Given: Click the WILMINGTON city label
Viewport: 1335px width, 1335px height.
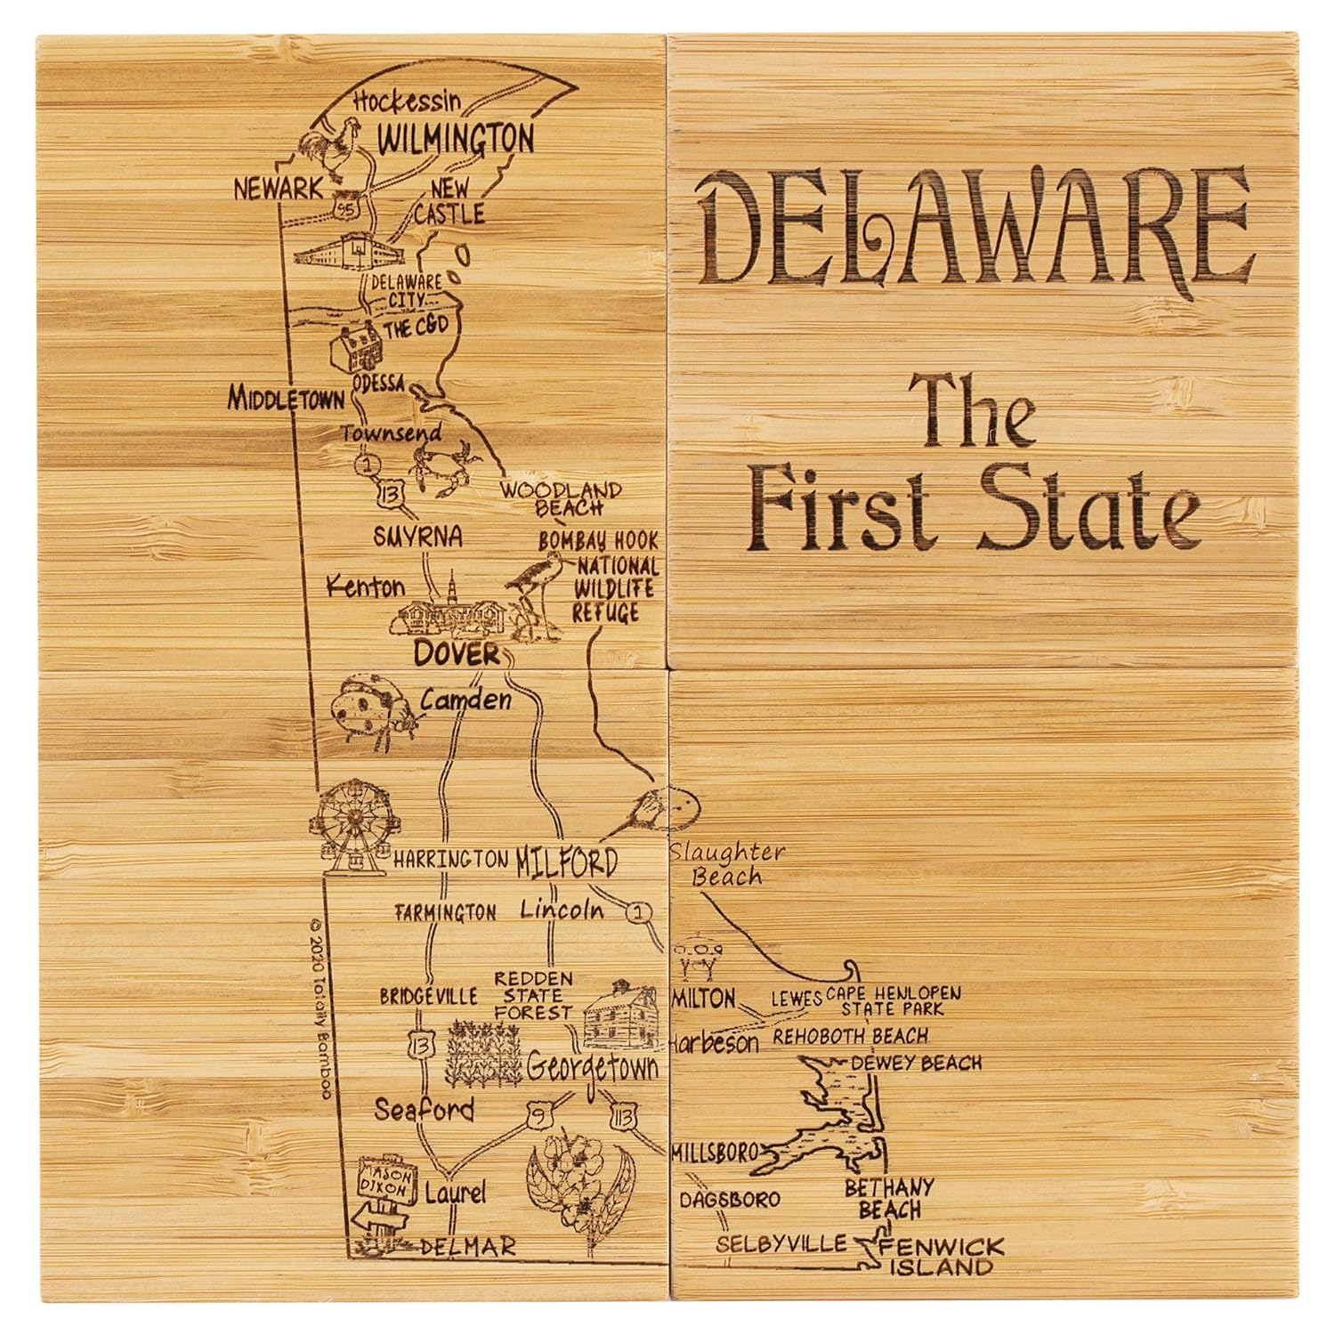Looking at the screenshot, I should click(457, 140).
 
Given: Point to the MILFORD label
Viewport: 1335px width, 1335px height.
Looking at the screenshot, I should click(566, 862).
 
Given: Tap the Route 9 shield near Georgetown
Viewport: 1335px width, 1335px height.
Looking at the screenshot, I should click(537, 1114).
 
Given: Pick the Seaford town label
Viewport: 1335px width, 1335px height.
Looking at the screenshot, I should click(424, 1110).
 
